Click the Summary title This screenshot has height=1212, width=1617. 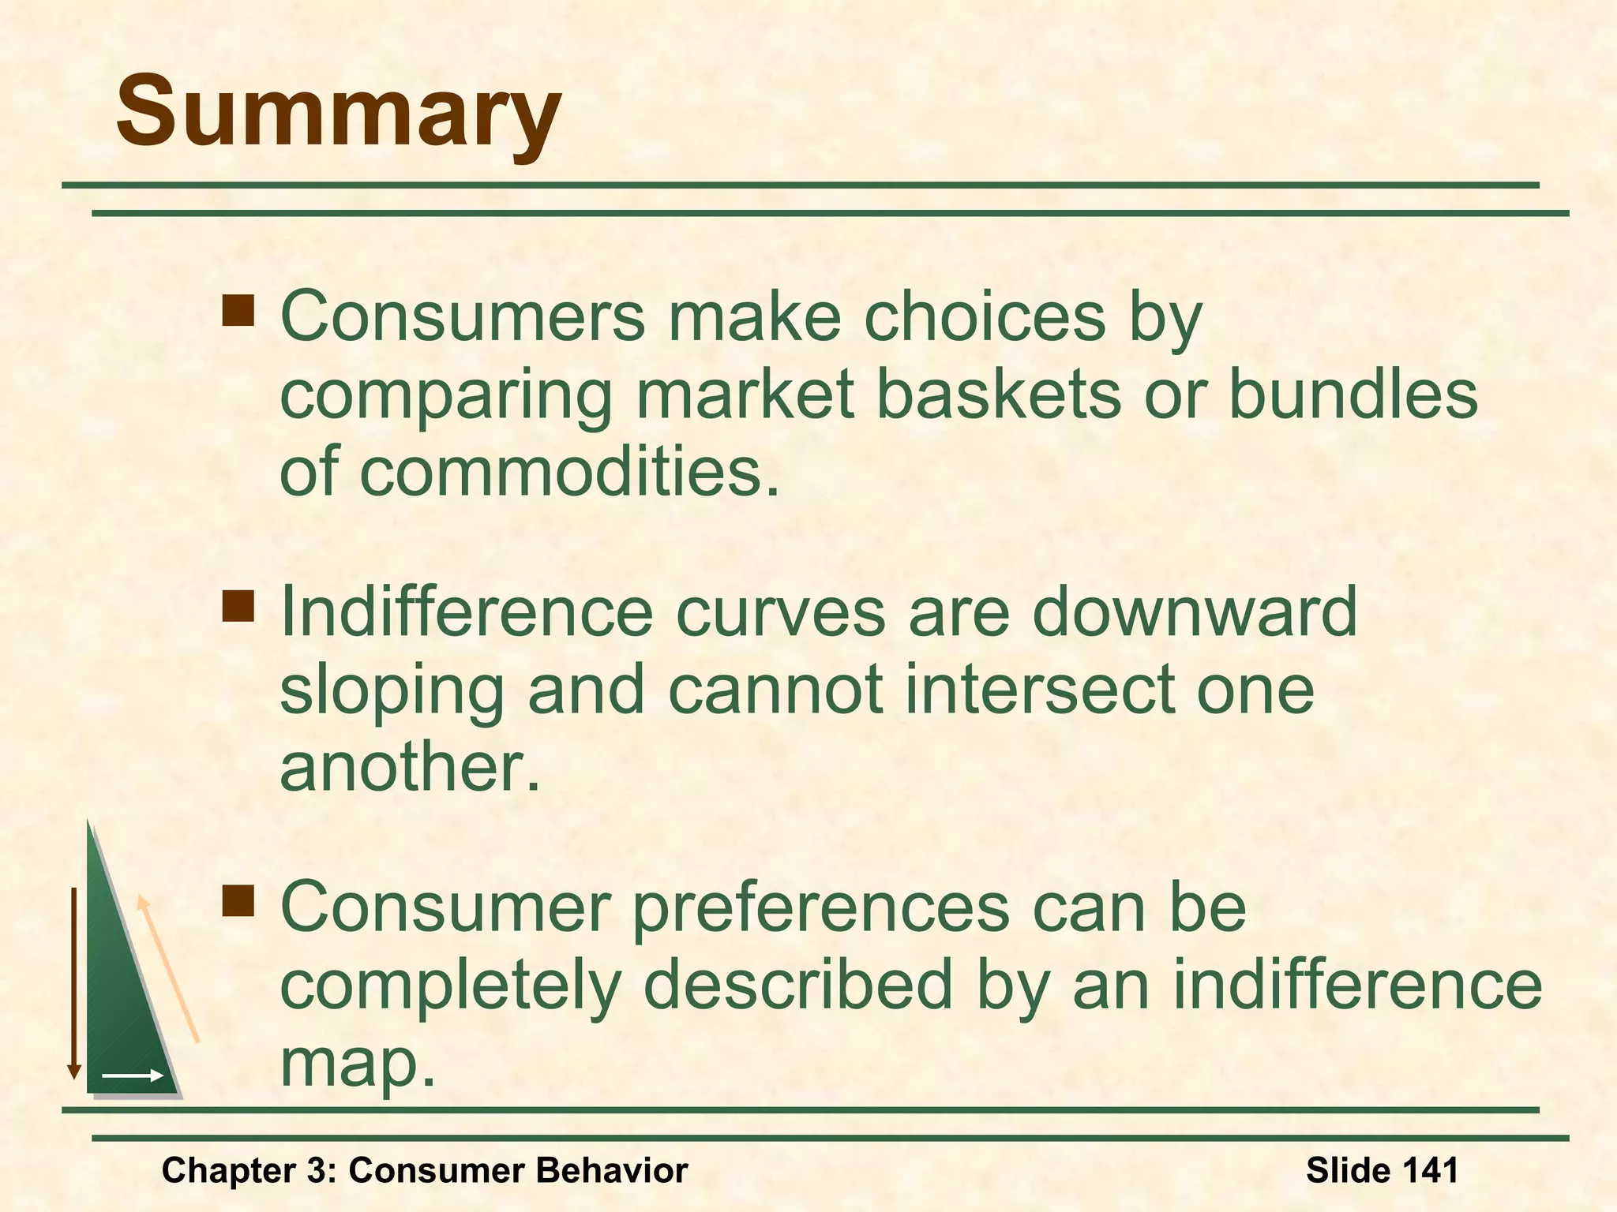pos(338,110)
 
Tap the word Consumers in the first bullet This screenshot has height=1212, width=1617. pos(462,316)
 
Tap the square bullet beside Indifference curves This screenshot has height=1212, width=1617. pos(238,606)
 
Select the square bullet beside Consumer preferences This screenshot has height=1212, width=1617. pos(238,900)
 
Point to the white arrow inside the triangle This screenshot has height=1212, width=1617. pos(132,1075)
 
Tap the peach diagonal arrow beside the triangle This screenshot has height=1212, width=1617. pos(167,969)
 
